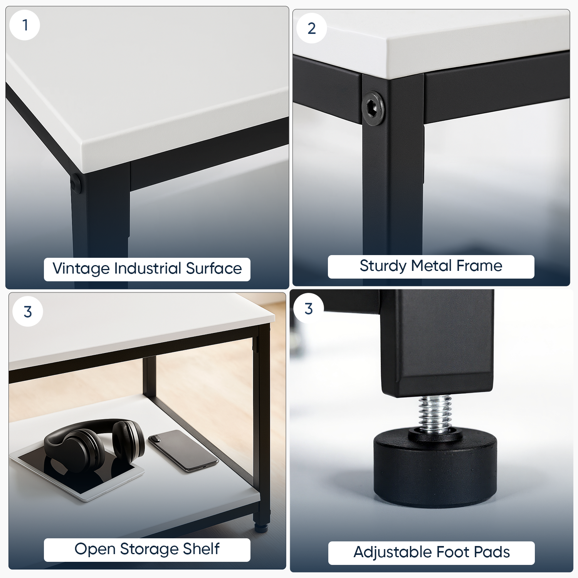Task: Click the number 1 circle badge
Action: pos(25,25)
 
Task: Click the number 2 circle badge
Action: pos(312,28)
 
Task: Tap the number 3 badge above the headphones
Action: pos(28,312)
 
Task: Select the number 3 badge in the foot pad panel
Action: pos(309,309)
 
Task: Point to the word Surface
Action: pos(214,269)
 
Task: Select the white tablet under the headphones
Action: pos(77,474)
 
